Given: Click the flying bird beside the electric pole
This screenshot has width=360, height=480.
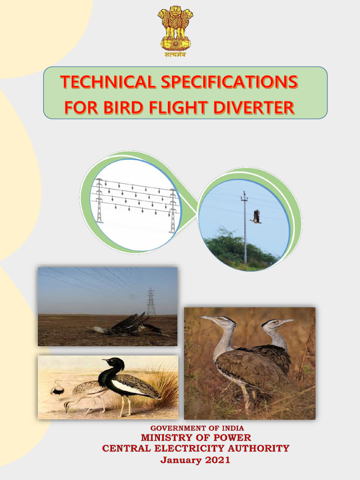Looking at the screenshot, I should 255,216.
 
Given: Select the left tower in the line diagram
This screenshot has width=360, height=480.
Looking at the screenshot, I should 99,201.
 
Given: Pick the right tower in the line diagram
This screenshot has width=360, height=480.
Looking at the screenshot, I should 173,211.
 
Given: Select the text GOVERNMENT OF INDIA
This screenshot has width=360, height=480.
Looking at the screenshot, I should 197,428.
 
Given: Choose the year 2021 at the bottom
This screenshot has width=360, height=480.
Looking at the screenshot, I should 217,460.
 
